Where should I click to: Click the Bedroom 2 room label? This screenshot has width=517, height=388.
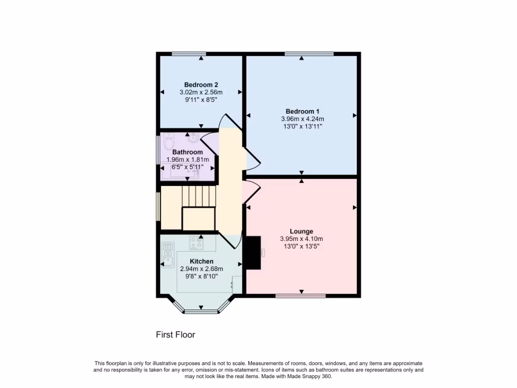(x=201, y=85)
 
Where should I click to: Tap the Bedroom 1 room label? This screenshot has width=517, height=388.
(x=302, y=111)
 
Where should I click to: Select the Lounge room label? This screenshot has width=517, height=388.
(x=301, y=231)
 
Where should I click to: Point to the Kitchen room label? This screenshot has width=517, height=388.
(x=201, y=261)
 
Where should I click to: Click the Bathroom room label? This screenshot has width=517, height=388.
(x=187, y=152)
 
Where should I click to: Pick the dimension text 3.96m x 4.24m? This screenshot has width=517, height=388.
(x=302, y=119)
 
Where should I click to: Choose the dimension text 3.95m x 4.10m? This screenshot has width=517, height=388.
(x=301, y=239)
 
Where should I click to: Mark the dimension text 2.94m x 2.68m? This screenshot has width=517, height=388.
(x=201, y=269)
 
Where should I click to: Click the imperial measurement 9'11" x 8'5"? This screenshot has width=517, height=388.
(x=201, y=100)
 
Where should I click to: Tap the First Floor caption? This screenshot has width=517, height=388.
(x=175, y=334)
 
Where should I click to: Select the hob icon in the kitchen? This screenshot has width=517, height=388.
(x=196, y=244)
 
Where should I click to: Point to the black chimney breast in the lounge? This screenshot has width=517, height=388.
(x=252, y=253)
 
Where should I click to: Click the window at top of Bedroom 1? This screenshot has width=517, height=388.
(x=308, y=54)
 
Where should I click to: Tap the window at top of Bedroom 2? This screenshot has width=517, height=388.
(x=188, y=54)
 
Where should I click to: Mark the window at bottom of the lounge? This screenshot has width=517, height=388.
(x=300, y=296)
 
